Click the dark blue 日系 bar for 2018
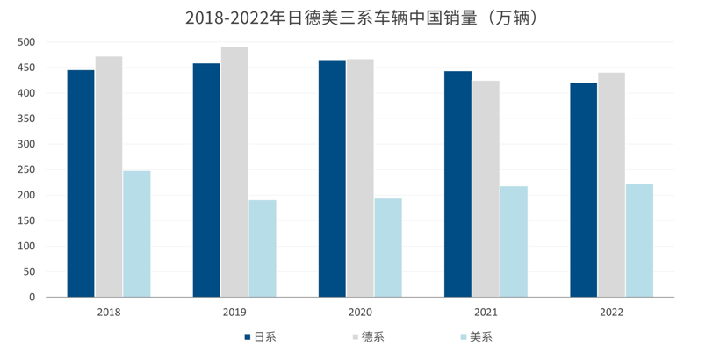81,184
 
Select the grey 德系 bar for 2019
234,172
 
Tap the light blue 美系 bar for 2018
137,234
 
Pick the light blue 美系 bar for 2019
263,248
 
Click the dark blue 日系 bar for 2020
332,178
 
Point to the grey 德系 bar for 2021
486,189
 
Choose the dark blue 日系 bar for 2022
583,190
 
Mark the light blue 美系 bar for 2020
388,248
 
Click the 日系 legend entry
260,336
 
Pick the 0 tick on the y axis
32,297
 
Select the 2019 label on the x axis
234,312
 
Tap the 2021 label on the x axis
486,312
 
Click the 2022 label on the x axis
611,312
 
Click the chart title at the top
360,17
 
